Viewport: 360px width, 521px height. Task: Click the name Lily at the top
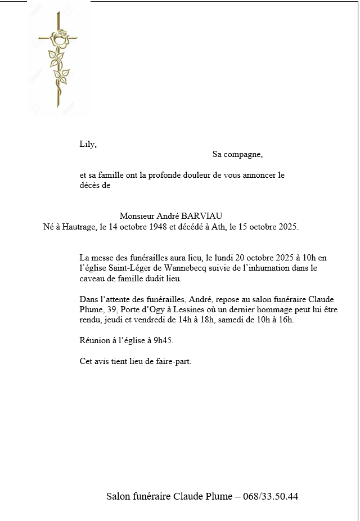point(87,144)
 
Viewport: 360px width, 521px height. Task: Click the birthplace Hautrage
point(75,227)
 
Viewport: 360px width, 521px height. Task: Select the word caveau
point(92,279)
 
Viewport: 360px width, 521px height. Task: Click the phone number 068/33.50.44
point(271,496)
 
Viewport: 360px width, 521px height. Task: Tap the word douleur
point(194,175)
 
